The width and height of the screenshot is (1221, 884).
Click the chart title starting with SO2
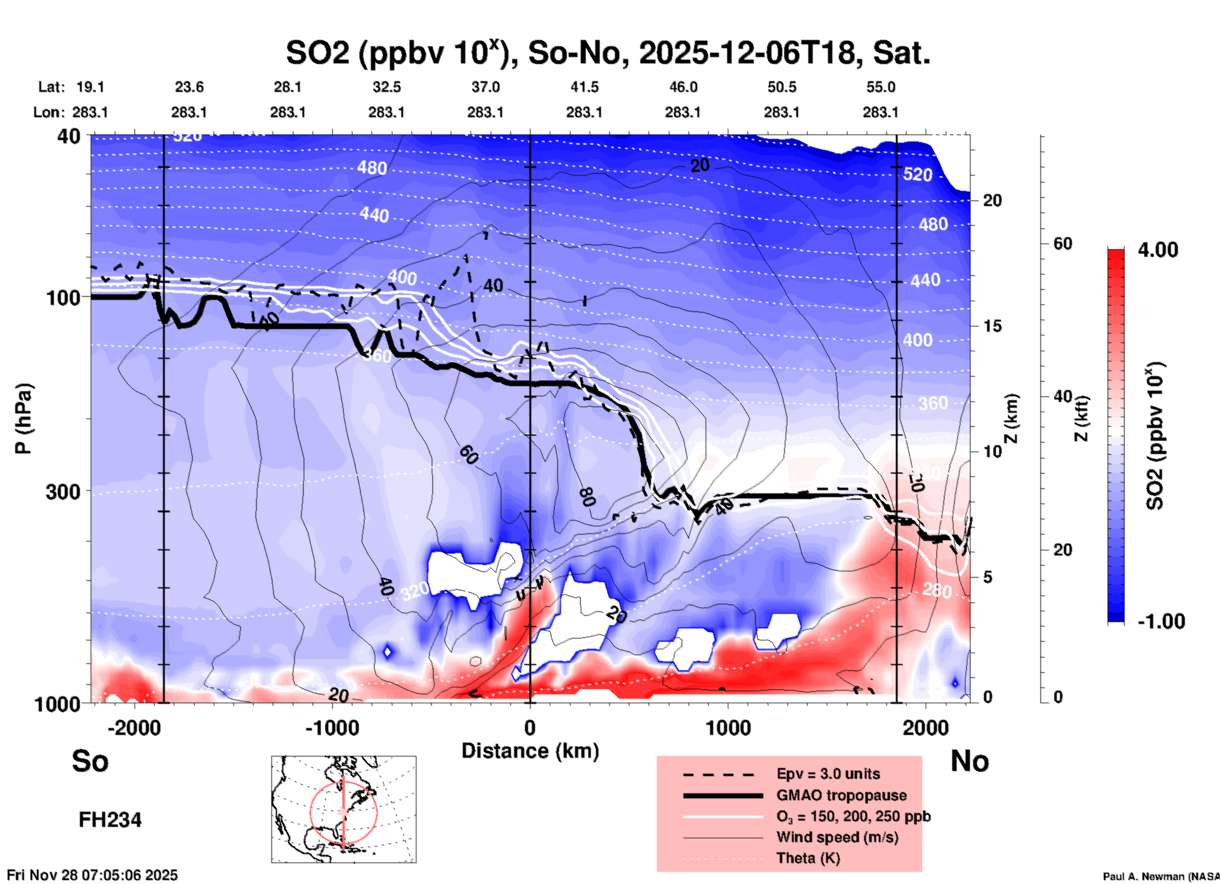[607, 53]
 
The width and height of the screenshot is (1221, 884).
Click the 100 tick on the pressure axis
[63, 297]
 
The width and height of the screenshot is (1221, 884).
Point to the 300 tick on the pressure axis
[63, 491]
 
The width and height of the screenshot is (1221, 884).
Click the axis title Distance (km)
[530, 751]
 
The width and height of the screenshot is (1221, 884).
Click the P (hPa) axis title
[23, 419]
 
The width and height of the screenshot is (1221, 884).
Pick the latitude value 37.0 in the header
[485, 87]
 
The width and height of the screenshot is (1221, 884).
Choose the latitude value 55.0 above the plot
[881, 87]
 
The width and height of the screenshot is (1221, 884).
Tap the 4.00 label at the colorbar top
[1158, 250]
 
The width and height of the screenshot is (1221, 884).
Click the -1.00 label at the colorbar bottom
[1161, 621]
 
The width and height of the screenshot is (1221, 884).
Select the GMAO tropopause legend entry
[841, 795]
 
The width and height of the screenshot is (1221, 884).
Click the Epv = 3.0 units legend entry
[828, 774]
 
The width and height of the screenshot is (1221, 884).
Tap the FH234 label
[110, 820]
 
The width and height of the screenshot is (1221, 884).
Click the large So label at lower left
[90, 761]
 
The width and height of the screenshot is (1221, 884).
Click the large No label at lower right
[969, 761]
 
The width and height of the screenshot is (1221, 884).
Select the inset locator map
[344, 809]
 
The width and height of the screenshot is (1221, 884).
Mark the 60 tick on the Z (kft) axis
[1063, 244]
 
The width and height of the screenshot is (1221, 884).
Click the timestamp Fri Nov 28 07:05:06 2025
[93, 875]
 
